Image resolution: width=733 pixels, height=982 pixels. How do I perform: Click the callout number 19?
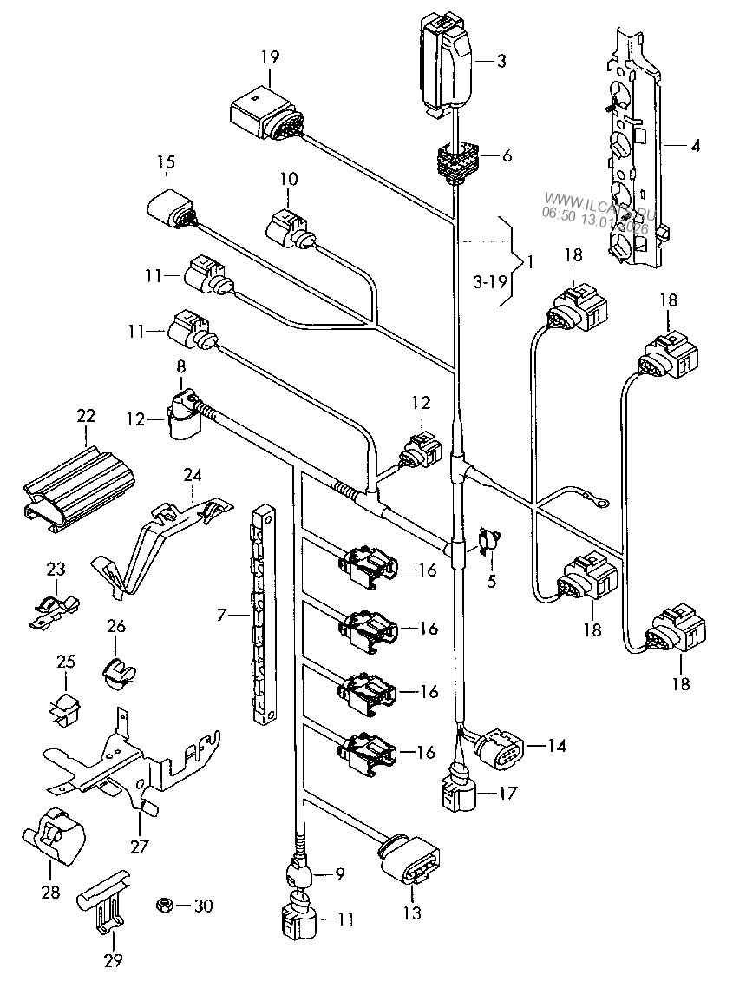click(270, 58)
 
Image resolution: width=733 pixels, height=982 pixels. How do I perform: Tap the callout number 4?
click(695, 147)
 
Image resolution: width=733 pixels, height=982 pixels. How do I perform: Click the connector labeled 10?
click(288, 229)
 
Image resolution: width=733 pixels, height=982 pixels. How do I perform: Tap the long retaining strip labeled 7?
click(263, 614)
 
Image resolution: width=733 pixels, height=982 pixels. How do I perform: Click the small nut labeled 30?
click(161, 906)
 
